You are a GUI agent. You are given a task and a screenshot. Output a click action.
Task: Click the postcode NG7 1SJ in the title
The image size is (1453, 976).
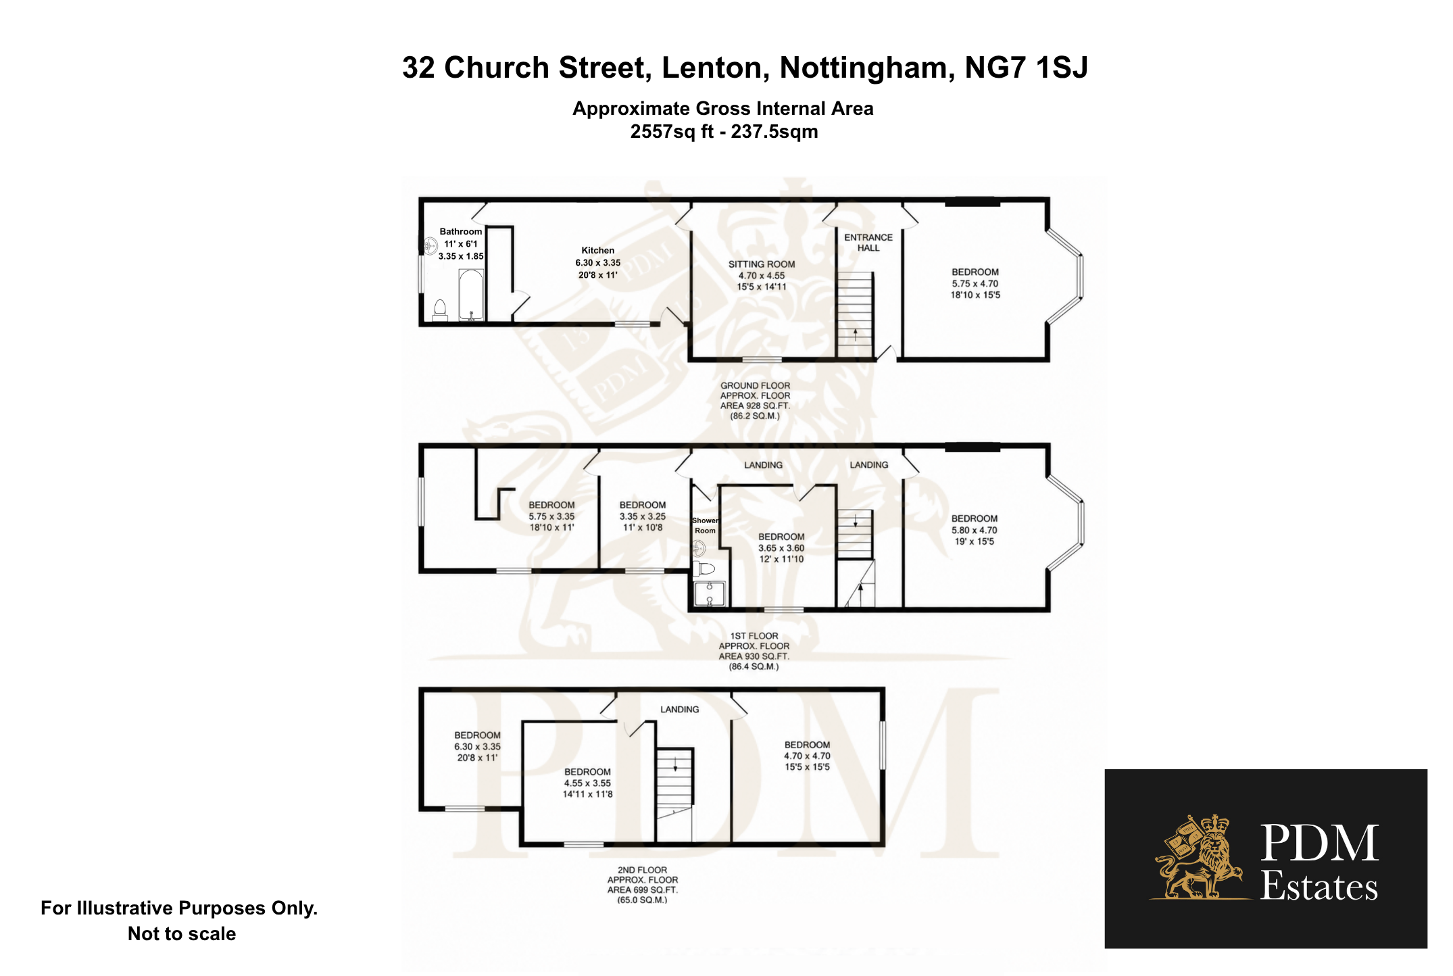point(1026,68)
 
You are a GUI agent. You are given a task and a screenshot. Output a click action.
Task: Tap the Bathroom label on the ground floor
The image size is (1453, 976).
point(461,231)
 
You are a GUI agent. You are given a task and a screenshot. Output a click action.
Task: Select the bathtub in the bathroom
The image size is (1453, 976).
point(471,295)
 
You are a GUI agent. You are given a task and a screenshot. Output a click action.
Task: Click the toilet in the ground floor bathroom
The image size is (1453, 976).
point(440,310)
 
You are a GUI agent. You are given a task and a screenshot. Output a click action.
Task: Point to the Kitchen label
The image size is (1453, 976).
point(598,250)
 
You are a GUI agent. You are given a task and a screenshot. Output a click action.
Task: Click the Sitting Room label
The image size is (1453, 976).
point(762,264)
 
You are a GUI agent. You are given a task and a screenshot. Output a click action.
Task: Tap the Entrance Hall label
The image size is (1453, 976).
point(868,243)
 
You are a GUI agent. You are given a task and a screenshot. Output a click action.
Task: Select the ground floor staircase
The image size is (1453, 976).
point(855,314)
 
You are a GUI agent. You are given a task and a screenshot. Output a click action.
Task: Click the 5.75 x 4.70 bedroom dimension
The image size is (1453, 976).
point(975,284)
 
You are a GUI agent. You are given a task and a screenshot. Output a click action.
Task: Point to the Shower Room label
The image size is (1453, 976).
point(705,525)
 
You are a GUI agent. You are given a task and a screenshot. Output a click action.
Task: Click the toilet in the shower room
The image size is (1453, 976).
point(704,568)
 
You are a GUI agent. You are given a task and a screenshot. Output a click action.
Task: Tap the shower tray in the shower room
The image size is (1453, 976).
point(710,593)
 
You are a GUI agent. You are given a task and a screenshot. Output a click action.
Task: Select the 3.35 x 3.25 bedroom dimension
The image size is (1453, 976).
point(643,516)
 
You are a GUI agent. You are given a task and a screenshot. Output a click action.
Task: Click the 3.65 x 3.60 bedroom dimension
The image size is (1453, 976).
point(781,548)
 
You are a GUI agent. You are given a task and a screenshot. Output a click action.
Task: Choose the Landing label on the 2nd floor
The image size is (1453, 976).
point(680,709)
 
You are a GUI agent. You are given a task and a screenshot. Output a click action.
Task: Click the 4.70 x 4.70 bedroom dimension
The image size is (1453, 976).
point(808,756)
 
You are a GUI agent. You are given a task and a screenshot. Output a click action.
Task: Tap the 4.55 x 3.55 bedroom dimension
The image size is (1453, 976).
point(587,783)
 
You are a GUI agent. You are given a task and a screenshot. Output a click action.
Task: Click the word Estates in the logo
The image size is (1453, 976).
point(1319,886)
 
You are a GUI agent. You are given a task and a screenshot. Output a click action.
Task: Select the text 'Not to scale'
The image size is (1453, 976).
point(182,934)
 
